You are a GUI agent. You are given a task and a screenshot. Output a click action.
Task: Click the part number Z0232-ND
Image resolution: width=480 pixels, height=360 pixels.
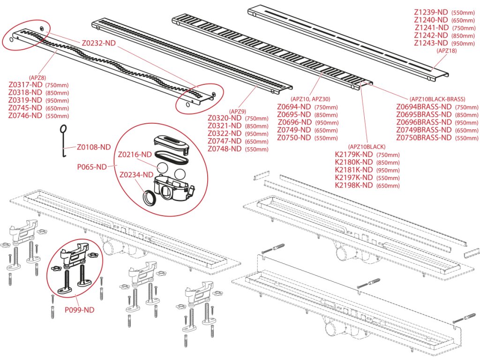[x=98, y=43]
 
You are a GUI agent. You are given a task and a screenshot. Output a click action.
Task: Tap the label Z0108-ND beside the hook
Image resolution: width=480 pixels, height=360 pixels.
[x=94, y=147]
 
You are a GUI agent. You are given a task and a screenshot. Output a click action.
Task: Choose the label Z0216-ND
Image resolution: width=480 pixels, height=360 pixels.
[x=135, y=155]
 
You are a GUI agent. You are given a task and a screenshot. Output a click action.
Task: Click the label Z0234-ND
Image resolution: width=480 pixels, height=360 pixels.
[x=136, y=175]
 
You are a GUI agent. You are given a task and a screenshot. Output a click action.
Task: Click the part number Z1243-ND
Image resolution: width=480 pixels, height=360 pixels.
[x=431, y=43]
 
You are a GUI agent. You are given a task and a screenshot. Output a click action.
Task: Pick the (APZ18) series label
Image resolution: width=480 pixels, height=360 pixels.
[x=446, y=51]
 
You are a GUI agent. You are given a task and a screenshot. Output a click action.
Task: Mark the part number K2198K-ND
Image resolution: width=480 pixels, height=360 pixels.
[x=354, y=185]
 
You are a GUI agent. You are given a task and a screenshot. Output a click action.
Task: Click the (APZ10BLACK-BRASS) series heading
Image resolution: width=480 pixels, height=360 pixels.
[x=437, y=99]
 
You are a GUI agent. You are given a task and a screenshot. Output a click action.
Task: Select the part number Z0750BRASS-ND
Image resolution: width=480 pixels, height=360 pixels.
[x=424, y=138]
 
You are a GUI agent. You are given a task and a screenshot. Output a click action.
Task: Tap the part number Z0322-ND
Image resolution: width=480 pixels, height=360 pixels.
[x=225, y=134]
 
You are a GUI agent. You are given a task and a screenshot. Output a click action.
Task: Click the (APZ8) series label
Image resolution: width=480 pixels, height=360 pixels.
[x=37, y=78]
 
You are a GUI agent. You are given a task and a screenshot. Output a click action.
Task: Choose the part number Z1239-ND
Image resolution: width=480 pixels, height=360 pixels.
[x=431, y=12]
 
